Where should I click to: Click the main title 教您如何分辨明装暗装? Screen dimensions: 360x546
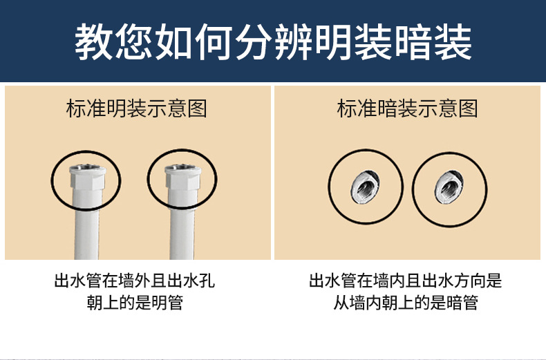coord(273,41)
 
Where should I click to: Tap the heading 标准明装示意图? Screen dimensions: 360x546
coord(137,108)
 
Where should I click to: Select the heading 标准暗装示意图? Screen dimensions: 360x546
coord(408,108)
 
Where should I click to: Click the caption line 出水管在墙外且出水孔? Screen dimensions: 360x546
coord(139,281)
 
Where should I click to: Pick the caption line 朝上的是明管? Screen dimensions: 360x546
coord(136,303)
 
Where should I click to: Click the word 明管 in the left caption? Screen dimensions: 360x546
coord(169,303)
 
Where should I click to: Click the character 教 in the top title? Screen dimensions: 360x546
coord(93,41)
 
